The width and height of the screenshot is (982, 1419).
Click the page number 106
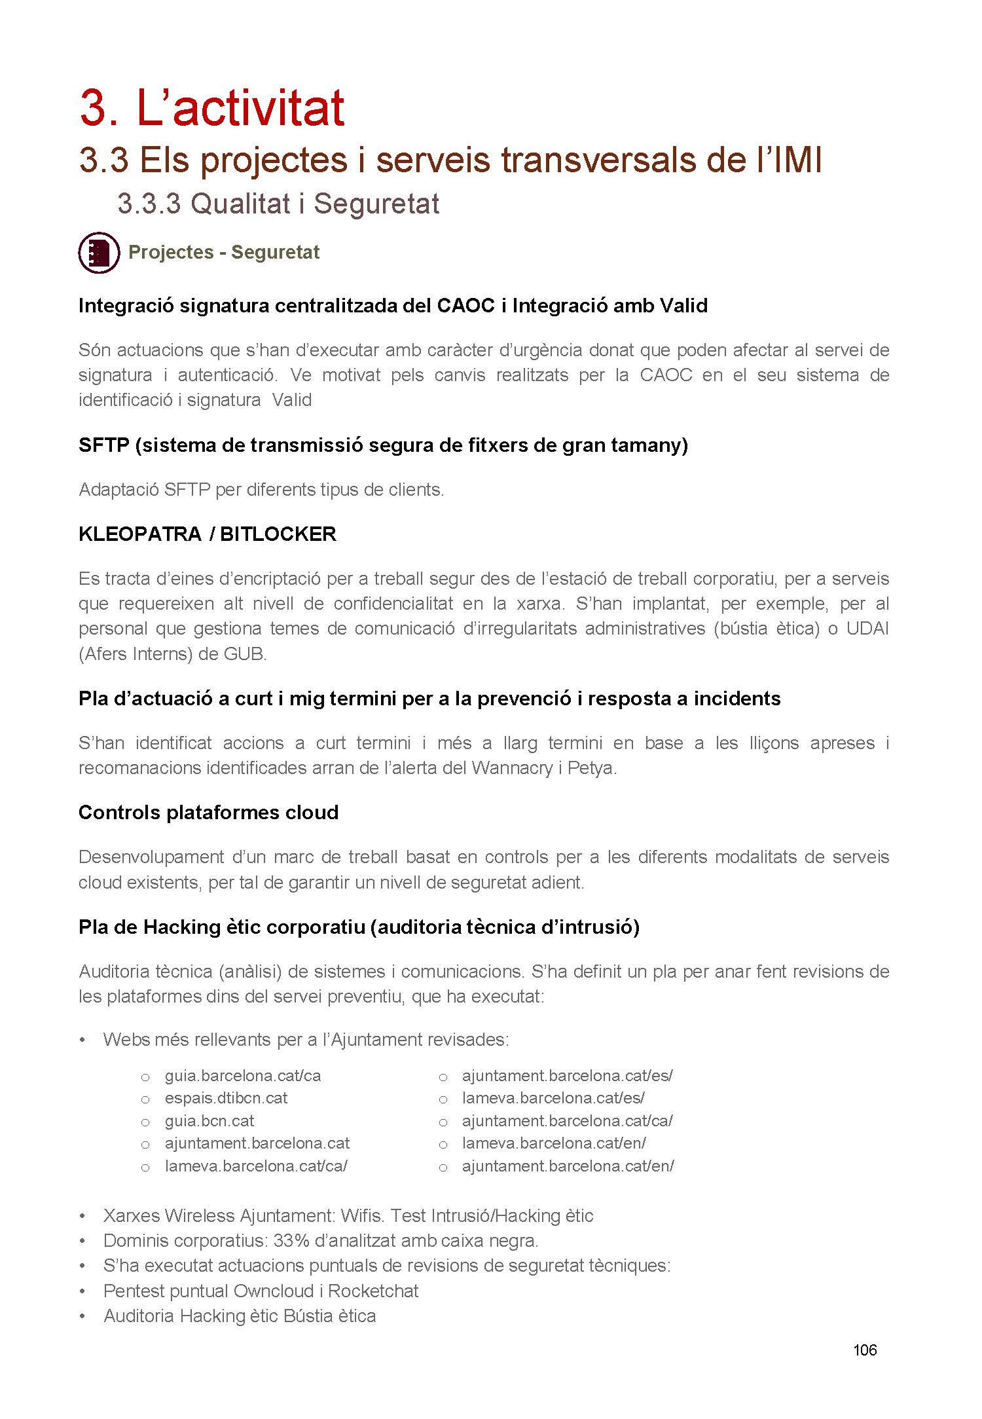pos(864,1350)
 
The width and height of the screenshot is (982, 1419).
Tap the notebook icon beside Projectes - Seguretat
pos(99,253)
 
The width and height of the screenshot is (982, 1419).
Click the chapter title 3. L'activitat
pos(212,108)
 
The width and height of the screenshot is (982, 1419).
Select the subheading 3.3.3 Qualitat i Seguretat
pos(278,204)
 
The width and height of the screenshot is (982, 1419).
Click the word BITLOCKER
pos(278,534)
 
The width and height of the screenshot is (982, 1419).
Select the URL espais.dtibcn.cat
pos(226,1098)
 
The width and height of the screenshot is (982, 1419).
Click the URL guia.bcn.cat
pos(209,1120)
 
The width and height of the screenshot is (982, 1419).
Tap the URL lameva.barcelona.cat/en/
pos(554,1143)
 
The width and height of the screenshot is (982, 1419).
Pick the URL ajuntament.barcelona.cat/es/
pos(567,1076)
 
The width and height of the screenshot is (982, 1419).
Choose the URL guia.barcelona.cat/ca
pos(243,1076)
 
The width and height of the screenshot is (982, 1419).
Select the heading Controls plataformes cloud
pos(208,813)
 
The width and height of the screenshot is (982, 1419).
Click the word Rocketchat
pos(373,1291)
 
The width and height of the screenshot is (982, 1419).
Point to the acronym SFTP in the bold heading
pos(103,445)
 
